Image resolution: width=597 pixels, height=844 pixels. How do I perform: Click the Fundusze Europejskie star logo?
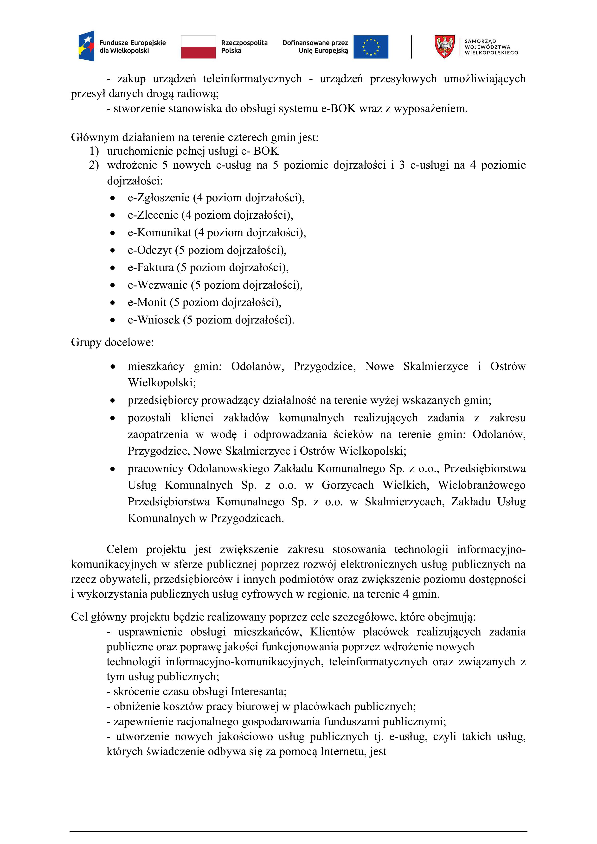(x=86, y=46)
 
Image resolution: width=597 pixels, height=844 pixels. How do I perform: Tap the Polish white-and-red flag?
(x=198, y=47)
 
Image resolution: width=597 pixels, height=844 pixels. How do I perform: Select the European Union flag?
(x=371, y=47)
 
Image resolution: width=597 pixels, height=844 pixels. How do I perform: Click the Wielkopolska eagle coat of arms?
(x=444, y=47)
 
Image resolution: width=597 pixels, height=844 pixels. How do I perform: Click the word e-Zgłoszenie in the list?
(x=159, y=198)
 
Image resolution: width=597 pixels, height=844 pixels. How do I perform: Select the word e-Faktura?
(x=150, y=267)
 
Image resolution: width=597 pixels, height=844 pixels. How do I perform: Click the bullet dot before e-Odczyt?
(x=113, y=251)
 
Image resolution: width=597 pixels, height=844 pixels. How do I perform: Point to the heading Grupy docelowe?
(x=112, y=342)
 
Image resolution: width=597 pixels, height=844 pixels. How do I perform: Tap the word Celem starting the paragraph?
(x=122, y=549)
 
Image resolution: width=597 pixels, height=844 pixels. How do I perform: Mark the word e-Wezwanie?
(x=158, y=285)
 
